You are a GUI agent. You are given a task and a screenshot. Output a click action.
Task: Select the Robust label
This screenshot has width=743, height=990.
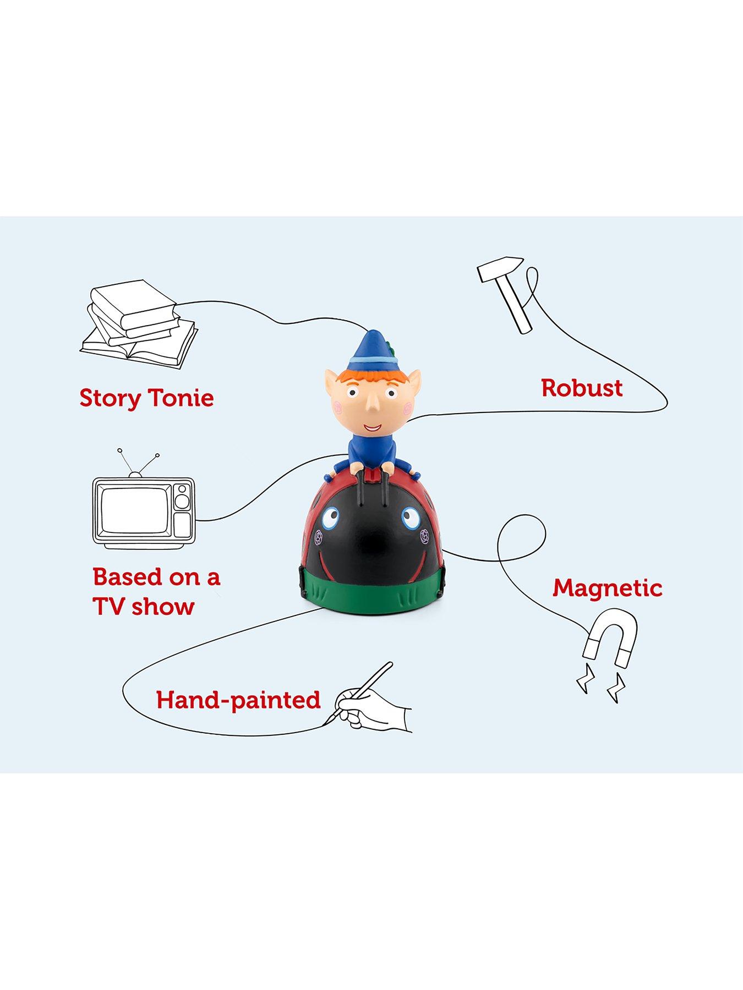[x=582, y=388]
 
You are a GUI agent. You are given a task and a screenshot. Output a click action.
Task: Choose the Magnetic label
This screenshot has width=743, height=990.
[x=608, y=588]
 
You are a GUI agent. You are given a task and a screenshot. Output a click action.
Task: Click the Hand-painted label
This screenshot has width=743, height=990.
[x=238, y=700]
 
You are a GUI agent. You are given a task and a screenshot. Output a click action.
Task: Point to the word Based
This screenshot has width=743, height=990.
[x=128, y=576]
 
